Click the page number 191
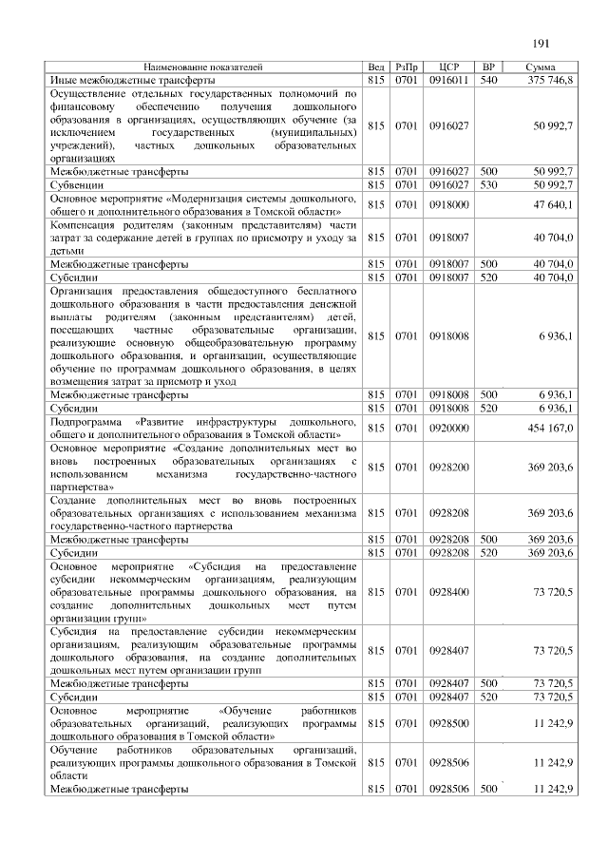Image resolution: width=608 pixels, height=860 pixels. tap(542, 42)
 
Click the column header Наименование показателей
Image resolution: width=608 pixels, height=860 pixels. tap(203, 67)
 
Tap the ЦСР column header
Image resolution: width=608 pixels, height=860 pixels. tap(449, 67)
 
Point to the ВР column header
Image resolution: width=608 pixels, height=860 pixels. tap(488, 67)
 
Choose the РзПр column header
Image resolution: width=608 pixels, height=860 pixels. tap(406, 67)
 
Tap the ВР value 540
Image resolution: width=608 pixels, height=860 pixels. tap(488, 81)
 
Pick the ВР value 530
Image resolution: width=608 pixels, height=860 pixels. tap(488, 184)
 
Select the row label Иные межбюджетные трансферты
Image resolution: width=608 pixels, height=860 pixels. tap(118, 81)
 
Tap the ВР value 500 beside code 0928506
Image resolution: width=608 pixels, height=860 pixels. tap(488, 789)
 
